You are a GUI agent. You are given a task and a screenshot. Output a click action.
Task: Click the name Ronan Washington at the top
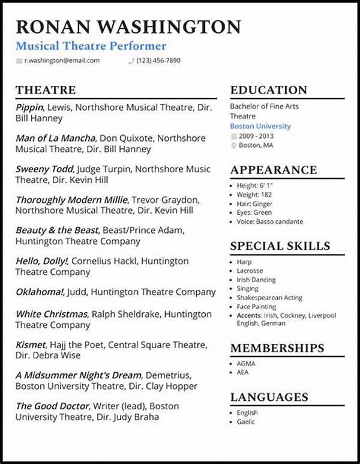click(128, 27)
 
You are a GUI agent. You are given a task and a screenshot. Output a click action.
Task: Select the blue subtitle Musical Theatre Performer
click(91, 46)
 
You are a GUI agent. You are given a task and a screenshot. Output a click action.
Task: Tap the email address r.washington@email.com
click(62, 61)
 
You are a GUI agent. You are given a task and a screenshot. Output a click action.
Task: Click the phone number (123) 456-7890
click(158, 61)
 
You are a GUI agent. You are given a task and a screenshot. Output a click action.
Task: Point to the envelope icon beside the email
click(19, 61)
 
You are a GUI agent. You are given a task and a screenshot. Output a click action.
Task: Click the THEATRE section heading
click(46, 90)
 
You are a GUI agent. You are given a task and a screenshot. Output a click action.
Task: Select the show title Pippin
click(29, 107)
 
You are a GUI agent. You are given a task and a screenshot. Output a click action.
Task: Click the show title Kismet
click(31, 345)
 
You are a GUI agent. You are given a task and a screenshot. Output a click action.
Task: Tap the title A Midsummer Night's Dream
click(78, 375)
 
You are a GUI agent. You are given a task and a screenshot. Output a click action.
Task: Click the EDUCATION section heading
click(269, 90)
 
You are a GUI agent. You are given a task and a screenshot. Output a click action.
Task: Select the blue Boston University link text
click(260, 126)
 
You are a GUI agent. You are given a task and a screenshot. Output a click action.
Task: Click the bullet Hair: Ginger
click(254, 203)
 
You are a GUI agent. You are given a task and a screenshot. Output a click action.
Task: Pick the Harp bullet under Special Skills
click(244, 262)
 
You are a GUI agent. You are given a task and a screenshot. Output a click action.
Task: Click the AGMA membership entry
click(246, 364)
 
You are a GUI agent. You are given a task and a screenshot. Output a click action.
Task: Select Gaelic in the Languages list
click(246, 421)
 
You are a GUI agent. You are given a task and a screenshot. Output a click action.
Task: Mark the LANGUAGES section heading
click(269, 397)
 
